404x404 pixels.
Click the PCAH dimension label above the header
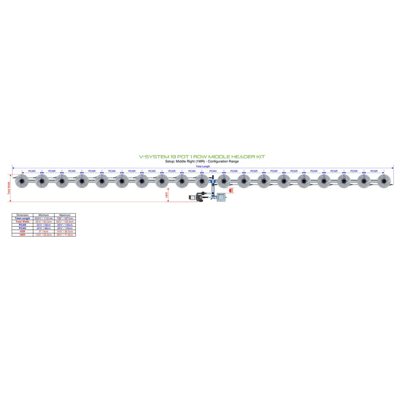coord(213,171)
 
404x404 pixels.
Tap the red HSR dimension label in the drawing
coord(232,191)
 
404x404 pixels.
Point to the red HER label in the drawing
coord(167,195)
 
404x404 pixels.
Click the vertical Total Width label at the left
coord(9,188)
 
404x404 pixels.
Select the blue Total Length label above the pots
coord(203,166)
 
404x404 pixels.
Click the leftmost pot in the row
coord(22,181)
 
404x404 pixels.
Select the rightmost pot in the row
coord(384,181)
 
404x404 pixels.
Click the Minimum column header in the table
coord(44,215)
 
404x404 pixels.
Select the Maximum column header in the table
coord(65,215)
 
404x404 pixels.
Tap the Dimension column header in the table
coord(22,215)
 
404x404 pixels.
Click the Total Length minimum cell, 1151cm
coord(44,218)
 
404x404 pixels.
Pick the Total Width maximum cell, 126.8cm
coord(65,222)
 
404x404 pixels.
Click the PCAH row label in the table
coord(22,228)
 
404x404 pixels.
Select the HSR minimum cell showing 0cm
coord(44,231)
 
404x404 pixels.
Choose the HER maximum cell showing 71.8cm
coord(65,235)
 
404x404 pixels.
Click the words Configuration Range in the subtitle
coord(223,161)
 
